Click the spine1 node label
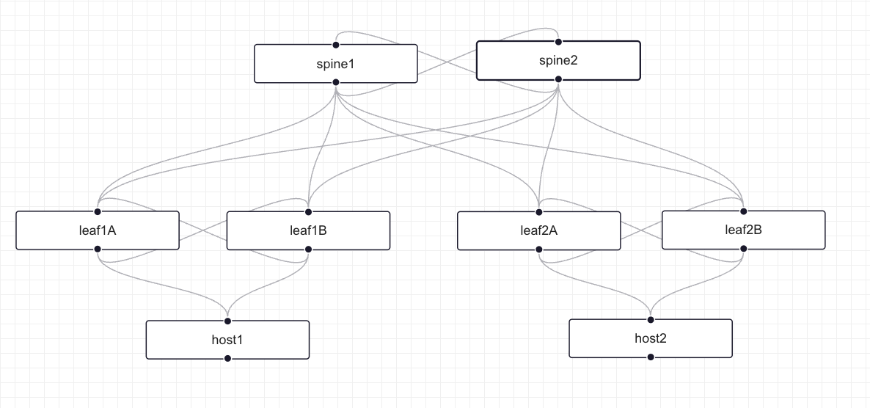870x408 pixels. coord(335,64)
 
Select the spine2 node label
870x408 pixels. coord(558,60)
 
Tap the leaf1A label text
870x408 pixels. coord(98,230)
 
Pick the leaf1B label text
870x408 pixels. coord(308,230)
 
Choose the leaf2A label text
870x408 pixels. coord(539,230)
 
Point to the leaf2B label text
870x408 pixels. coord(743,230)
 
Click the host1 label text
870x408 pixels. coord(227,340)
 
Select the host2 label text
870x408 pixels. coord(651,338)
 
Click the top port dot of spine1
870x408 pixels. coord(336,45)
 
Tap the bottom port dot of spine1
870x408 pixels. coord(336,83)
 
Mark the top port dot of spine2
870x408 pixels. coord(558,41)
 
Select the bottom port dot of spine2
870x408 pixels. coord(558,79)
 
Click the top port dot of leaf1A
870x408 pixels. coord(98,211)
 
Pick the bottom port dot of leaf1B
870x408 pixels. coord(308,249)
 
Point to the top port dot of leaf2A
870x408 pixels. coord(539,211)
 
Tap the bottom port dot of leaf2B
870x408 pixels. coord(743,249)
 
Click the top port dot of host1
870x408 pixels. coord(227,321)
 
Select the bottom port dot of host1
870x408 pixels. coord(227,359)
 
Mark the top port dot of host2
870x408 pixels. coord(651,319)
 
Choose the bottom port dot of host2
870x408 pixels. coord(651,357)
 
